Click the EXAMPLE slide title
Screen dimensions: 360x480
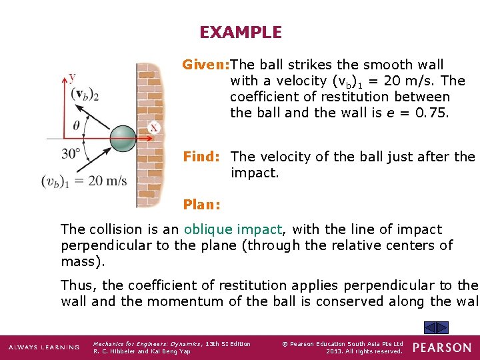coord(240,32)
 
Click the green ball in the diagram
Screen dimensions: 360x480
coord(123,139)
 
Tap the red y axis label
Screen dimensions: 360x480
coord(72,77)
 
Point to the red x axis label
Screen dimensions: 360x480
coord(154,127)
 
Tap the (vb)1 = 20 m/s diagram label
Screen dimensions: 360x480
coord(83,181)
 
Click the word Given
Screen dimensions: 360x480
coord(205,65)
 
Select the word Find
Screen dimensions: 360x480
coord(201,157)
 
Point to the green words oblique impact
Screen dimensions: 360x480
coord(233,229)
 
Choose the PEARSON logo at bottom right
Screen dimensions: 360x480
coord(441,347)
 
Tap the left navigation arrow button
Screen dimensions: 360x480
coord(431,327)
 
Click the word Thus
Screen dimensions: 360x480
coord(79,285)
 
